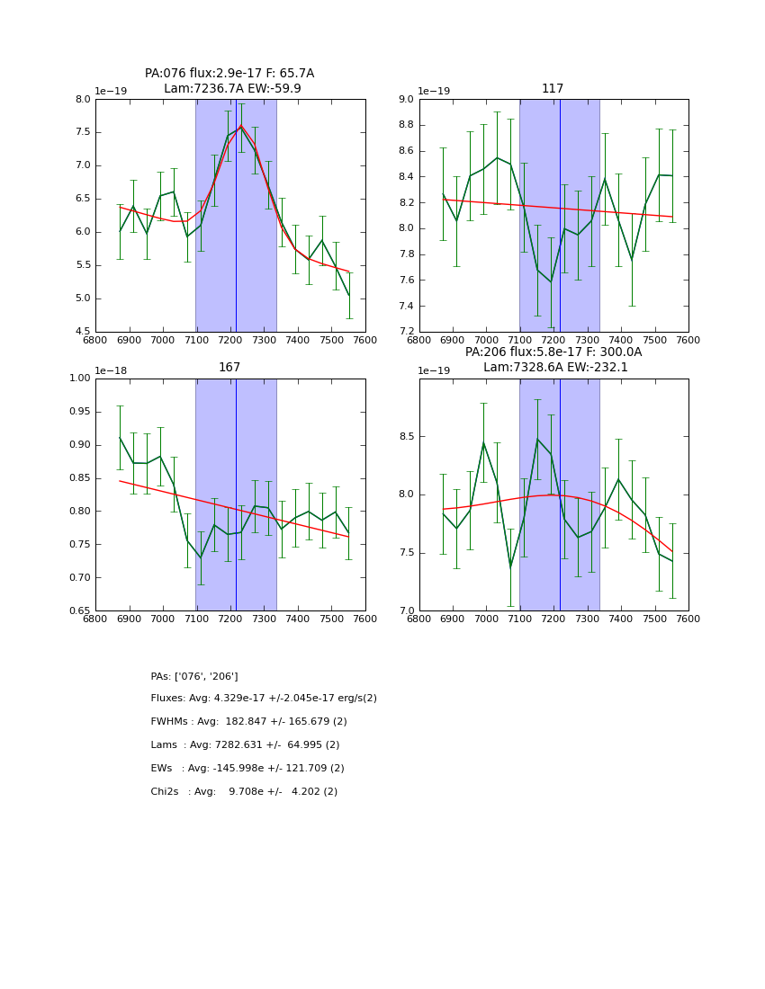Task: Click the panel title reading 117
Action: (x=553, y=89)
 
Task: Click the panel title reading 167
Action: (x=229, y=368)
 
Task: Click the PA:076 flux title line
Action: (x=229, y=74)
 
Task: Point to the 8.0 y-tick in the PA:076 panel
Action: (x=83, y=99)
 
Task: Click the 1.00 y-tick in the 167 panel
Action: (x=79, y=379)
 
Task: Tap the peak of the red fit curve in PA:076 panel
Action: (x=241, y=126)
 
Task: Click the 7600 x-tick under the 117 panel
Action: (x=688, y=340)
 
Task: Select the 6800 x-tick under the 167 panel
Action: (x=96, y=619)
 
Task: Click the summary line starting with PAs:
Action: (x=194, y=676)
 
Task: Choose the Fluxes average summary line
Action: (x=264, y=699)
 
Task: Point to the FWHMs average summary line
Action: (x=249, y=722)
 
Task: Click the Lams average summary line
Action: (x=245, y=745)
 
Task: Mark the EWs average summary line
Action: (x=247, y=769)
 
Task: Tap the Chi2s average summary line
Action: (x=244, y=792)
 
